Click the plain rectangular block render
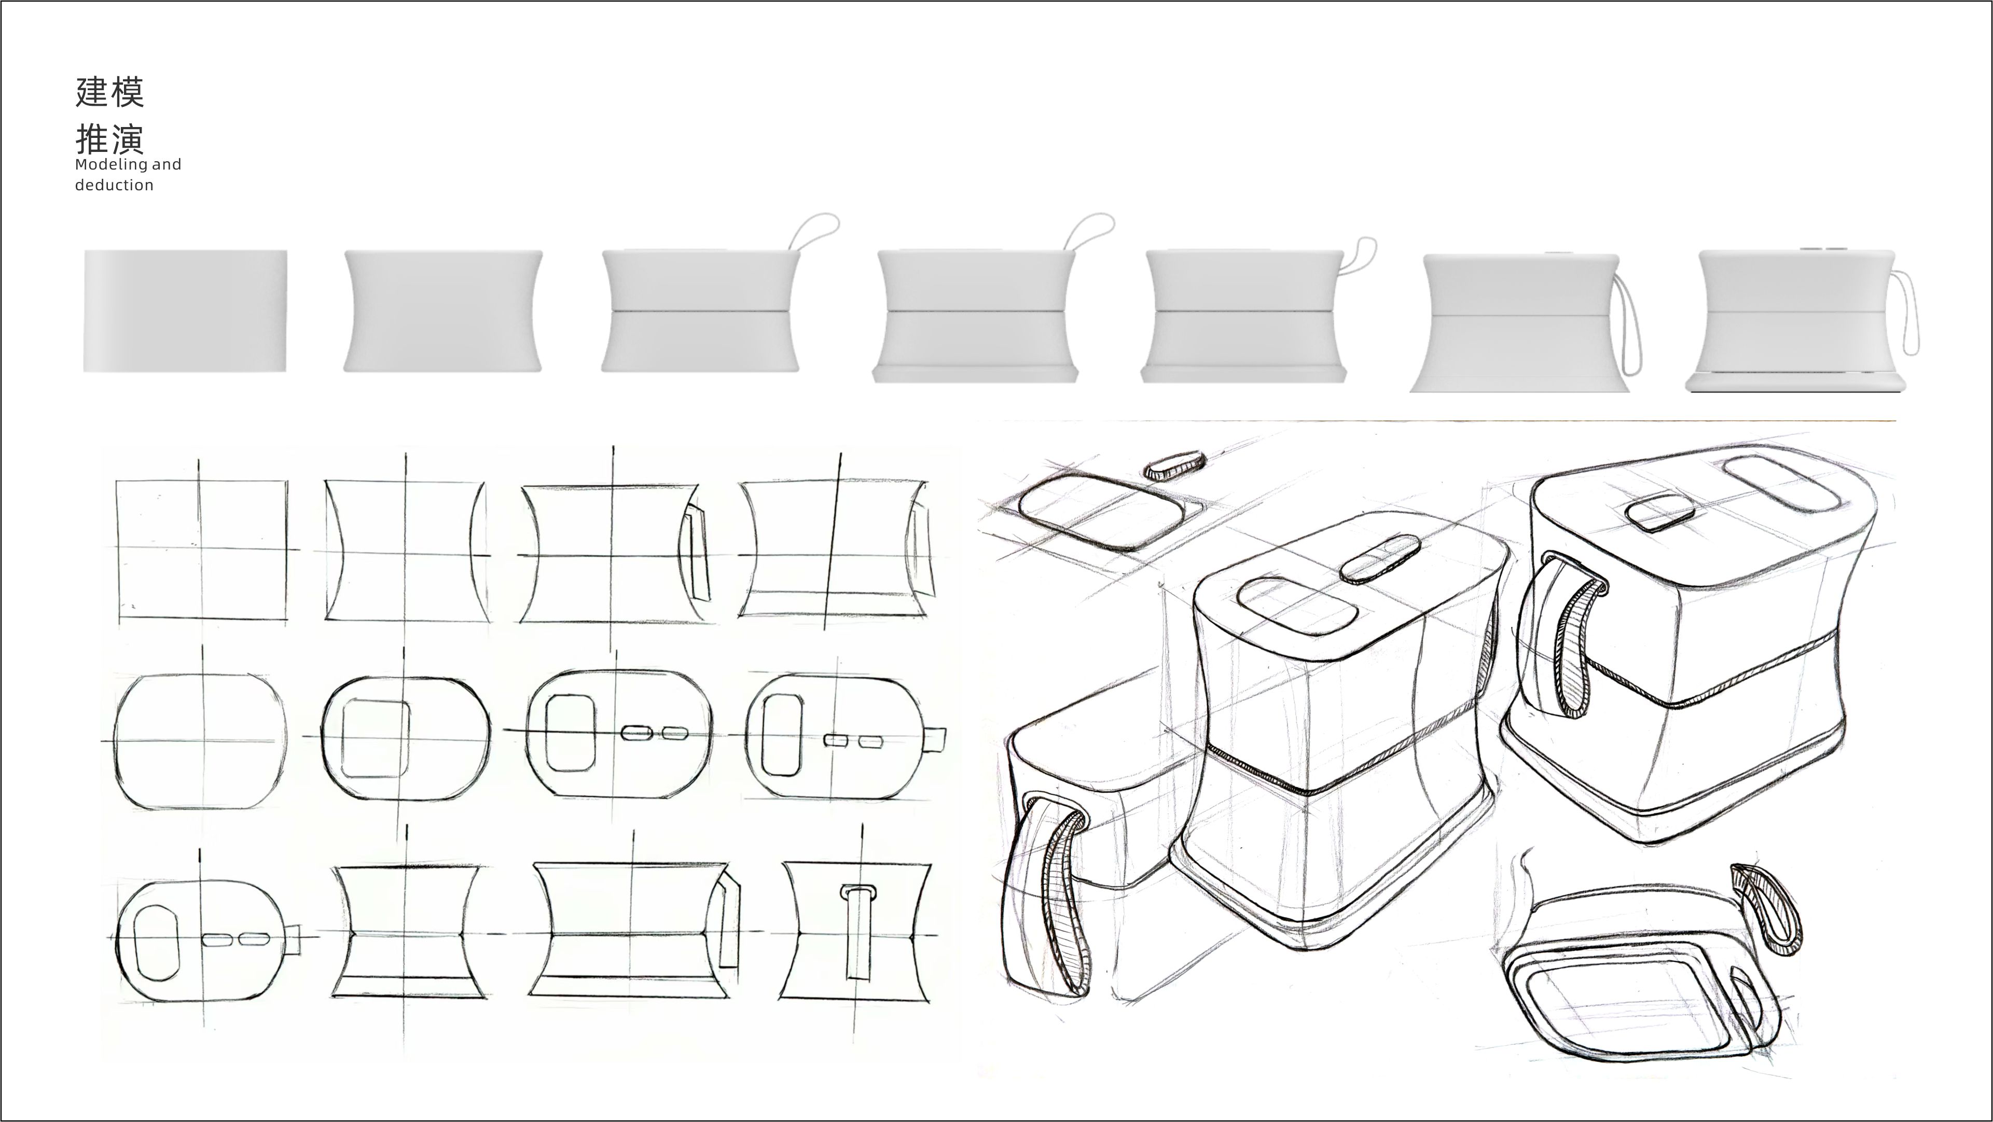coord(185,311)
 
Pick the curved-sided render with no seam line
coord(442,311)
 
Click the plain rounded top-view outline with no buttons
coord(200,741)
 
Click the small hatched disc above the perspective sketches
coord(1174,466)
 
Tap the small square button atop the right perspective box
coord(1659,513)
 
